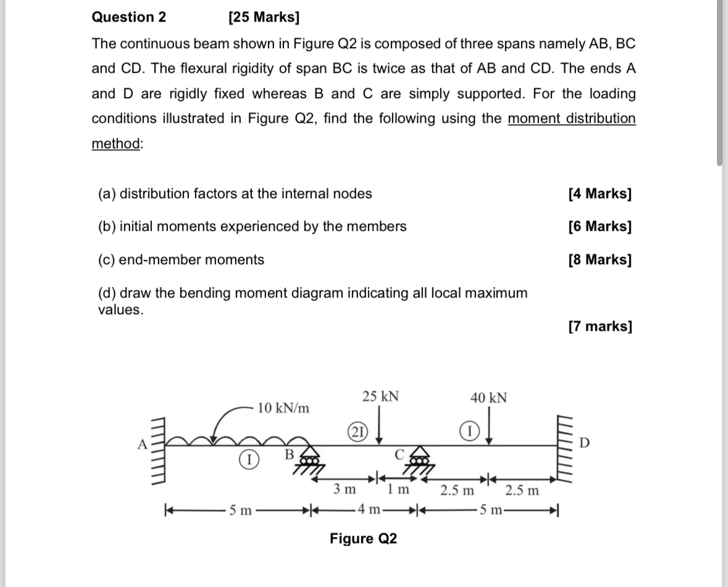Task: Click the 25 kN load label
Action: pyautogui.click(x=380, y=396)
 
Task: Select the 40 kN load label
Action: pyautogui.click(x=488, y=398)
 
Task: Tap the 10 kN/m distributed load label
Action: pyautogui.click(x=284, y=408)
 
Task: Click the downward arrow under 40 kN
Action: pyautogui.click(x=489, y=432)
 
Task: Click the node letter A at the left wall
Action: pyautogui.click(x=141, y=443)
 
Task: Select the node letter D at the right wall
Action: pyautogui.click(x=585, y=443)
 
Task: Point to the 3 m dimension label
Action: pyautogui.click(x=345, y=489)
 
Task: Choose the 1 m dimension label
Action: pyautogui.click(x=398, y=489)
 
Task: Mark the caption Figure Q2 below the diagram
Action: pyautogui.click(x=363, y=539)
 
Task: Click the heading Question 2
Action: pyautogui.click(x=129, y=17)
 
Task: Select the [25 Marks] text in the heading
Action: pyautogui.click(x=264, y=17)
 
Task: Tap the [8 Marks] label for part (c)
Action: pyautogui.click(x=600, y=260)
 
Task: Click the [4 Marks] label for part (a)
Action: pyautogui.click(x=600, y=194)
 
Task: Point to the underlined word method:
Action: pyautogui.click(x=117, y=143)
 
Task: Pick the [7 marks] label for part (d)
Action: pyautogui.click(x=600, y=326)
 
